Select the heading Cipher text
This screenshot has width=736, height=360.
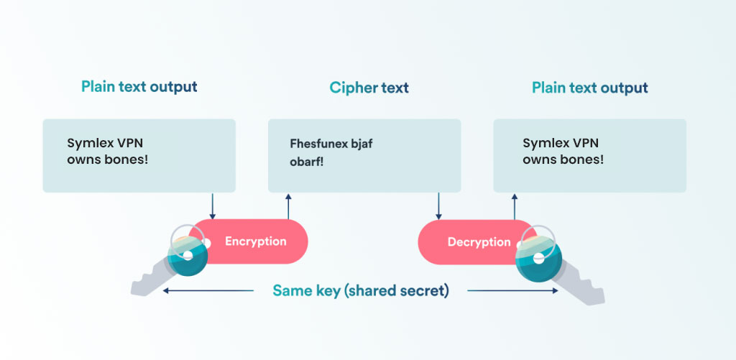click(x=369, y=88)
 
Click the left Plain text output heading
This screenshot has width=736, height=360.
click(x=139, y=87)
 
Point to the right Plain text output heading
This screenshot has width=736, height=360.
click(x=589, y=88)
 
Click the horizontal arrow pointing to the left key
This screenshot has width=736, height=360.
click(x=208, y=291)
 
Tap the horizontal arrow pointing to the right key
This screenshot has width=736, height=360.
click(x=512, y=291)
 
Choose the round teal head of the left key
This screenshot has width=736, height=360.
click(x=187, y=256)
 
